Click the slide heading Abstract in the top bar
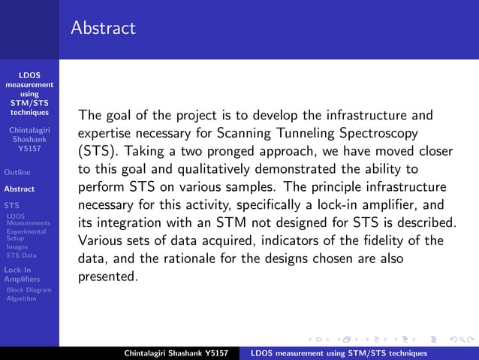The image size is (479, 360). pos(104,29)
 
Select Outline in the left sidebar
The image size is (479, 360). pos(17,172)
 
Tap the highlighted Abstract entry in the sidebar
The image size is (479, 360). pos(20,189)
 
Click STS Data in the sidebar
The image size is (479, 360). pos(21,256)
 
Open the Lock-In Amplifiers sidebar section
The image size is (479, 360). pos(21,274)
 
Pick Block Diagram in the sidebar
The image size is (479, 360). pos(29,289)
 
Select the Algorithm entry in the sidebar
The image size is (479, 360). pos(21,298)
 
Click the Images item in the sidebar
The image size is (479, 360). pos(17,247)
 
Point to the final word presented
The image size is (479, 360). pos(108,276)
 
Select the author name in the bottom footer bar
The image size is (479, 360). pos(179,353)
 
